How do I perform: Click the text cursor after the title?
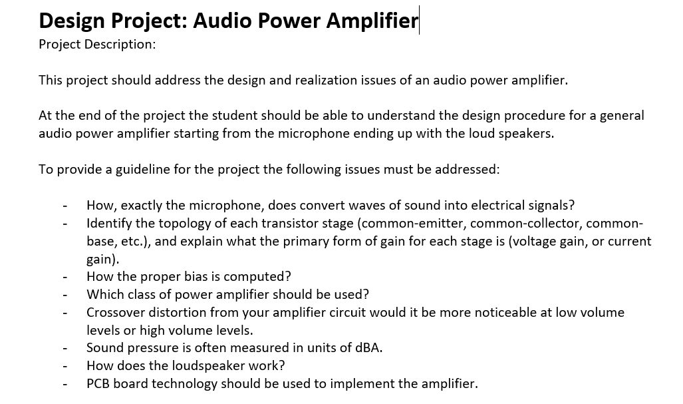(419, 20)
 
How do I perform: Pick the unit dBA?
(368, 347)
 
